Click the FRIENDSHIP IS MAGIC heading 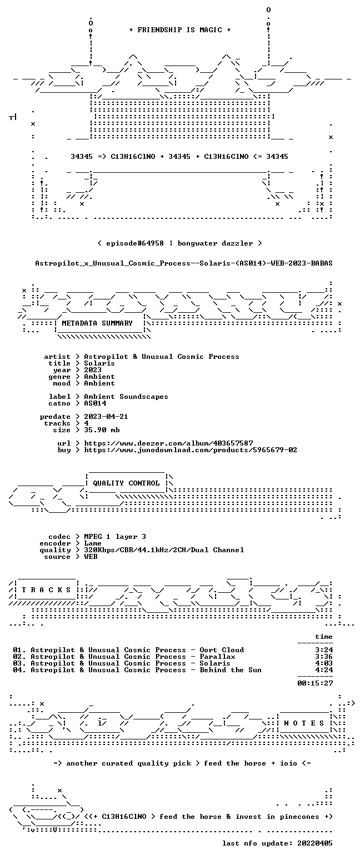(180, 30)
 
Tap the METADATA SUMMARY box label (97, 323)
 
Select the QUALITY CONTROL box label (126, 483)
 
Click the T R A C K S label (47, 589)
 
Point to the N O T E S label (304, 723)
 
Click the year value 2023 (93, 370)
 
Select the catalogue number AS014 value (95, 403)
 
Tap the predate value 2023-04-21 (106, 417)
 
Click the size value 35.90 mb (102, 430)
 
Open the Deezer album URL (168, 443)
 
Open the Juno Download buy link (191, 450)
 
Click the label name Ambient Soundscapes (126, 397)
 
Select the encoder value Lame (93, 543)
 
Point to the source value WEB (91, 557)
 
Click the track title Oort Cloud (222, 650)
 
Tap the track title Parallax (217, 657)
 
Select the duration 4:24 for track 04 (324, 670)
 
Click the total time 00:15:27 (315, 683)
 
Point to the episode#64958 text (134, 243)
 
